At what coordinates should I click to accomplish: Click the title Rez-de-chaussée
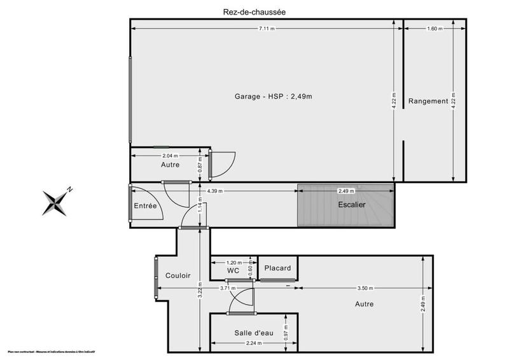click(x=254, y=11)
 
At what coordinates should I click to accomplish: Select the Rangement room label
click(x=428, y=101)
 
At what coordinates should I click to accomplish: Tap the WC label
click(x=233, y=270)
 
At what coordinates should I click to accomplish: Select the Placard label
click(x=277, y=268)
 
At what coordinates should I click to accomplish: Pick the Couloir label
click(x=178, y=275)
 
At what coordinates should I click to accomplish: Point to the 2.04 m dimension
click(x=170, y=155)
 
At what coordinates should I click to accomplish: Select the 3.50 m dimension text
click(x=365, y=288)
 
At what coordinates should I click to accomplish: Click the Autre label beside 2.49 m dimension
click(x=364, y=304)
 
